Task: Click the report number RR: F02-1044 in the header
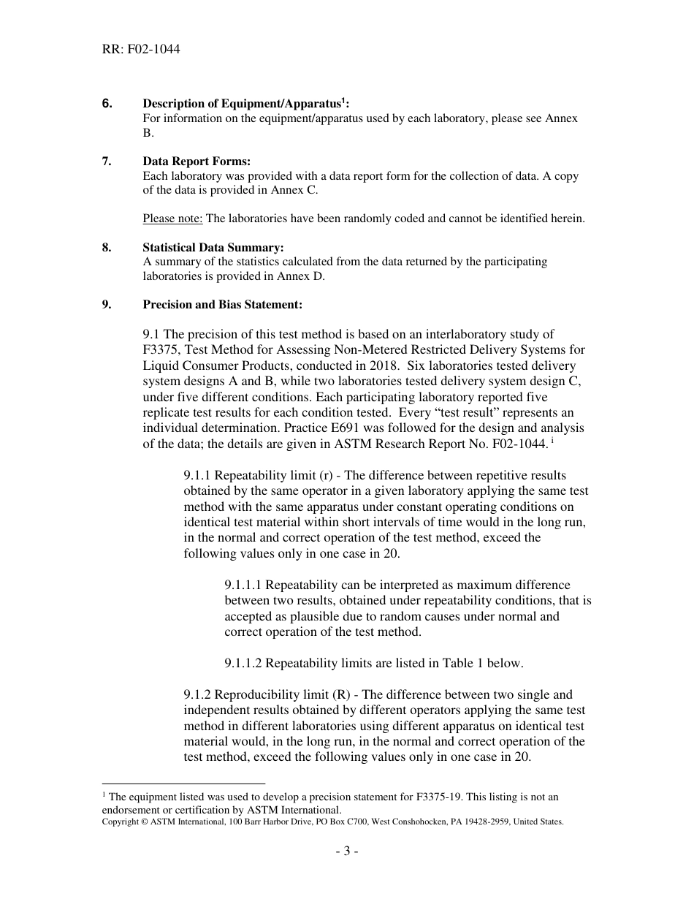click(141, 50)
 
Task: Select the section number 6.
click(107, 104)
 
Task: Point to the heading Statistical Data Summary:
click(213, 248)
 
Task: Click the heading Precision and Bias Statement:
click(222, 305)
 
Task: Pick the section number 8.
click(107, 248)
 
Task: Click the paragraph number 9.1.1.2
click(243, 664)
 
